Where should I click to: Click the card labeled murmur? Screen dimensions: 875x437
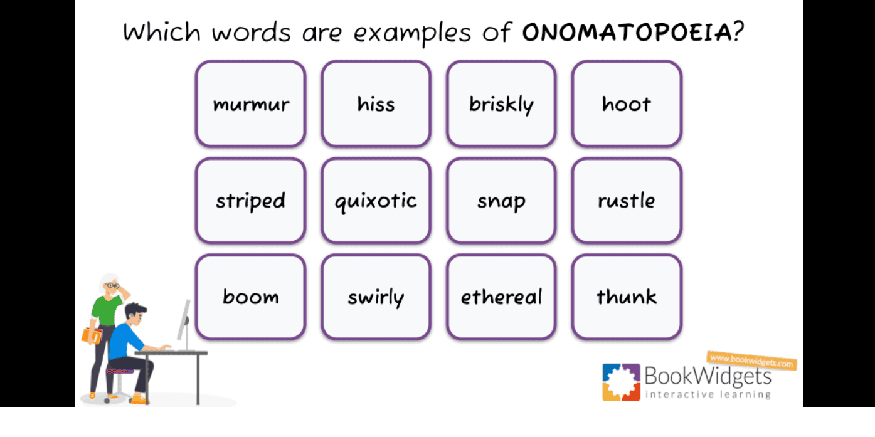click(x=250, y=104)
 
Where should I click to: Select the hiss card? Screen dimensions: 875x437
click(x=376, y=104)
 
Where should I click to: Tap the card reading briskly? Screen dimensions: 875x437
click(x=502, y=104)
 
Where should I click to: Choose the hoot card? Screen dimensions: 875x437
click(x=627, y=104)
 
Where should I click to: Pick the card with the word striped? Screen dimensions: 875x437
click(x=250, y=201)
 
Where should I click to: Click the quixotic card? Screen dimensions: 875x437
click(x=376, y=201)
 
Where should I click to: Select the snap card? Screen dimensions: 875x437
click(x=502, y=201)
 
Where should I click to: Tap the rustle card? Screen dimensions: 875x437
click(x=627, y=201)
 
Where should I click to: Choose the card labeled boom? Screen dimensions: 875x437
click(x=250, y=297)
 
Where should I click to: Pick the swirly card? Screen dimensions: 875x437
click(x=376, y=297)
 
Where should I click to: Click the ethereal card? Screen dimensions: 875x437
click(x=502, y=297)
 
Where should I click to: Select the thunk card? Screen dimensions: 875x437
click(x=627, y=297)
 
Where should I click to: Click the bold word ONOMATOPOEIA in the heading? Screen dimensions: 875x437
click(x=627, y=32)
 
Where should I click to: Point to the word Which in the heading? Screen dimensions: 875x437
click(x=162, y=31)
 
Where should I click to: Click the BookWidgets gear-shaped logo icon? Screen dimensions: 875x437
click(x=621, y=382)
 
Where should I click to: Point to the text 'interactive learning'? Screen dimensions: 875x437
click(x=708, y=394)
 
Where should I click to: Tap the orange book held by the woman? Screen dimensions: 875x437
click(x=92, y=336)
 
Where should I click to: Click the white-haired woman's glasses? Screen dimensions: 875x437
click(x=112, y=286)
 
